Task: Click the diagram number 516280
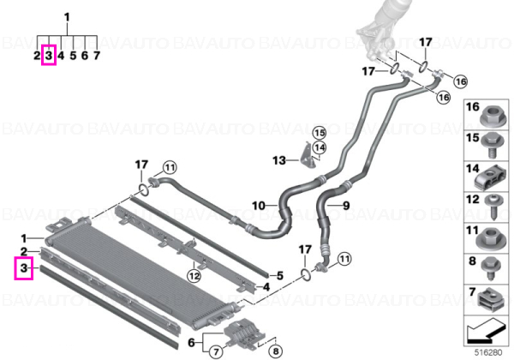(x=488, y=353)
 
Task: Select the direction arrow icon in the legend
(x=486, y=330)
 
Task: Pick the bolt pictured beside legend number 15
(x=491, y=145)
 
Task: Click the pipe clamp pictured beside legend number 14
(x=491, y=178)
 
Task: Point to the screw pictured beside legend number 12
(x=493, y=207)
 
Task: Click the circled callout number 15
(x=320, y=133)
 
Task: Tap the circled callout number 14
(x=320, y=147)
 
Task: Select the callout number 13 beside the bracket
(x=279, y=160)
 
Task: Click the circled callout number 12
(x=194, y=276)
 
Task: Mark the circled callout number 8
(x=275, y=351)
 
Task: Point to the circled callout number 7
(x=215, y=352)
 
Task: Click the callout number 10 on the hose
(x=259, y=206)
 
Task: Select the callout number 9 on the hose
(x=346, y=206)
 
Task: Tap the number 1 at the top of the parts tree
(x=67, y=17)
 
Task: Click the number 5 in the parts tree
(x=73, y=56)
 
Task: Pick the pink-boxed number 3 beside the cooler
(x=24, y=268)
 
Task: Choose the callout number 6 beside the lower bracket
(x=191, y=343)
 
